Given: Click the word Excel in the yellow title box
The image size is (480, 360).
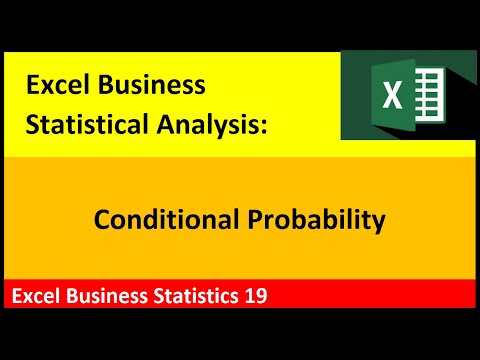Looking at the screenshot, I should pyautogui.click(x=56, y=86).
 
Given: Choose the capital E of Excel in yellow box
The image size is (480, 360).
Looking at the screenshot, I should pyautogui.click(x=32, y=86).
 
